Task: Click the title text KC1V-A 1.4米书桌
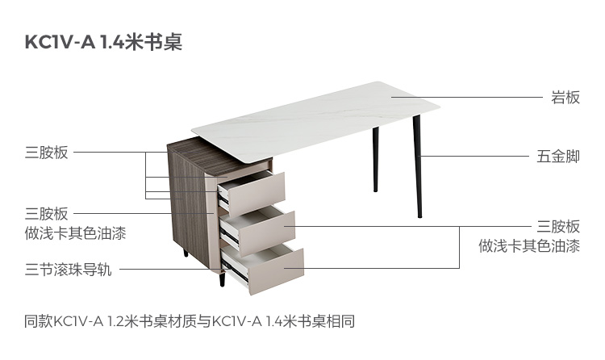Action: click(104, 43)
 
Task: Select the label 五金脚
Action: click(558, 156)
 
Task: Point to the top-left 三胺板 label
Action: click(47, 152)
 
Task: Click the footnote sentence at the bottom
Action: click(190, 320)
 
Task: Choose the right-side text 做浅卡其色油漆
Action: click(528, 246)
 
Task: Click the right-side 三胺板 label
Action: click(558, 227)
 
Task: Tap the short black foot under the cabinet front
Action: click(220, 283)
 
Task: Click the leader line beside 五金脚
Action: click(472, 156)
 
